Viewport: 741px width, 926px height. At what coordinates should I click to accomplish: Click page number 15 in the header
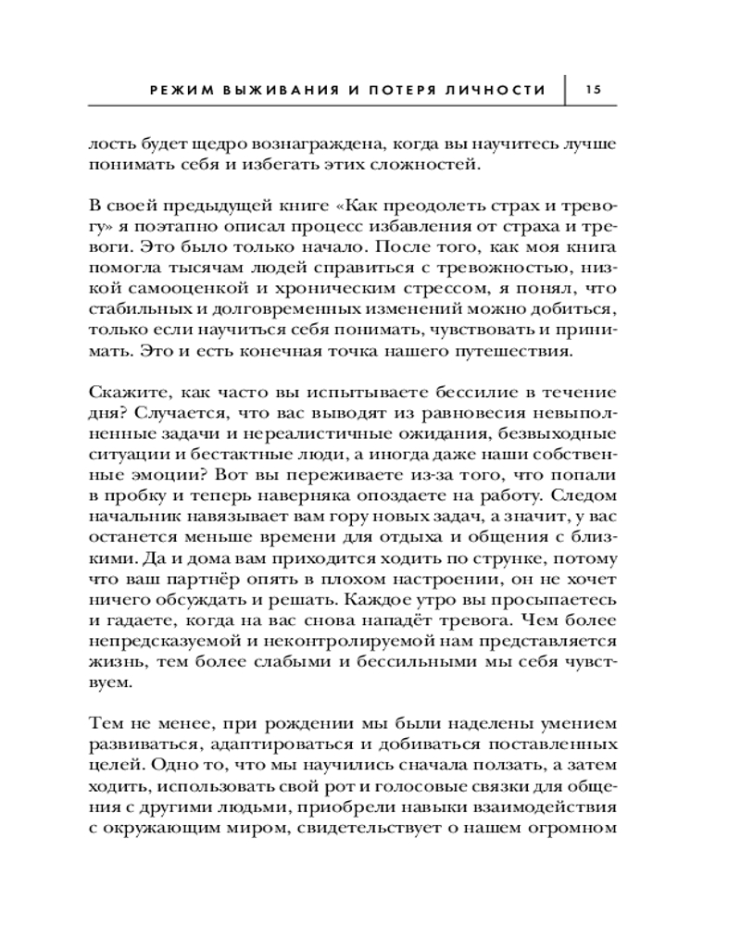[x=594, y=90]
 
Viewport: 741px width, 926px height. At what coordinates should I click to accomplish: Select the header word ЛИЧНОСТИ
[x=500, y=91]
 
